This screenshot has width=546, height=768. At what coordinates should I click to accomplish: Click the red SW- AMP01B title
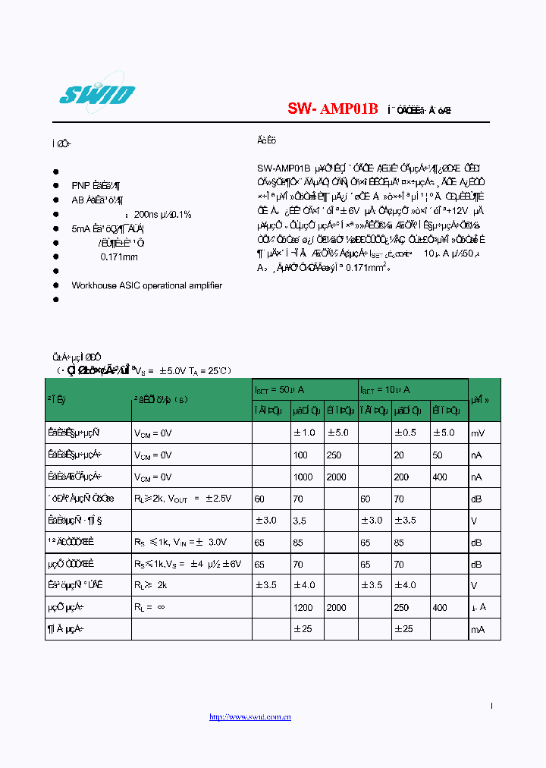pos(332,109)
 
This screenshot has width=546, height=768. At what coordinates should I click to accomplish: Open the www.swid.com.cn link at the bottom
pos(249,717)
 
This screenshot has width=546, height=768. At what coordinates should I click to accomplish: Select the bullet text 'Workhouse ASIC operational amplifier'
pos(146,285)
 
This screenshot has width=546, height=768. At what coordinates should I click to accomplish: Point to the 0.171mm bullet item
pos(119,257)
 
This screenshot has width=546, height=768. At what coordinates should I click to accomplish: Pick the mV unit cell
pos(478,433)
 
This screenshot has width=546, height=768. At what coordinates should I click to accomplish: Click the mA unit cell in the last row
pos(478,630)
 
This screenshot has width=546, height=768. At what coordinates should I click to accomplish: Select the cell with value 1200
pos(303,608)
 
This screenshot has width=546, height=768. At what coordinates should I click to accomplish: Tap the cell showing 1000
pos(303,477)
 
